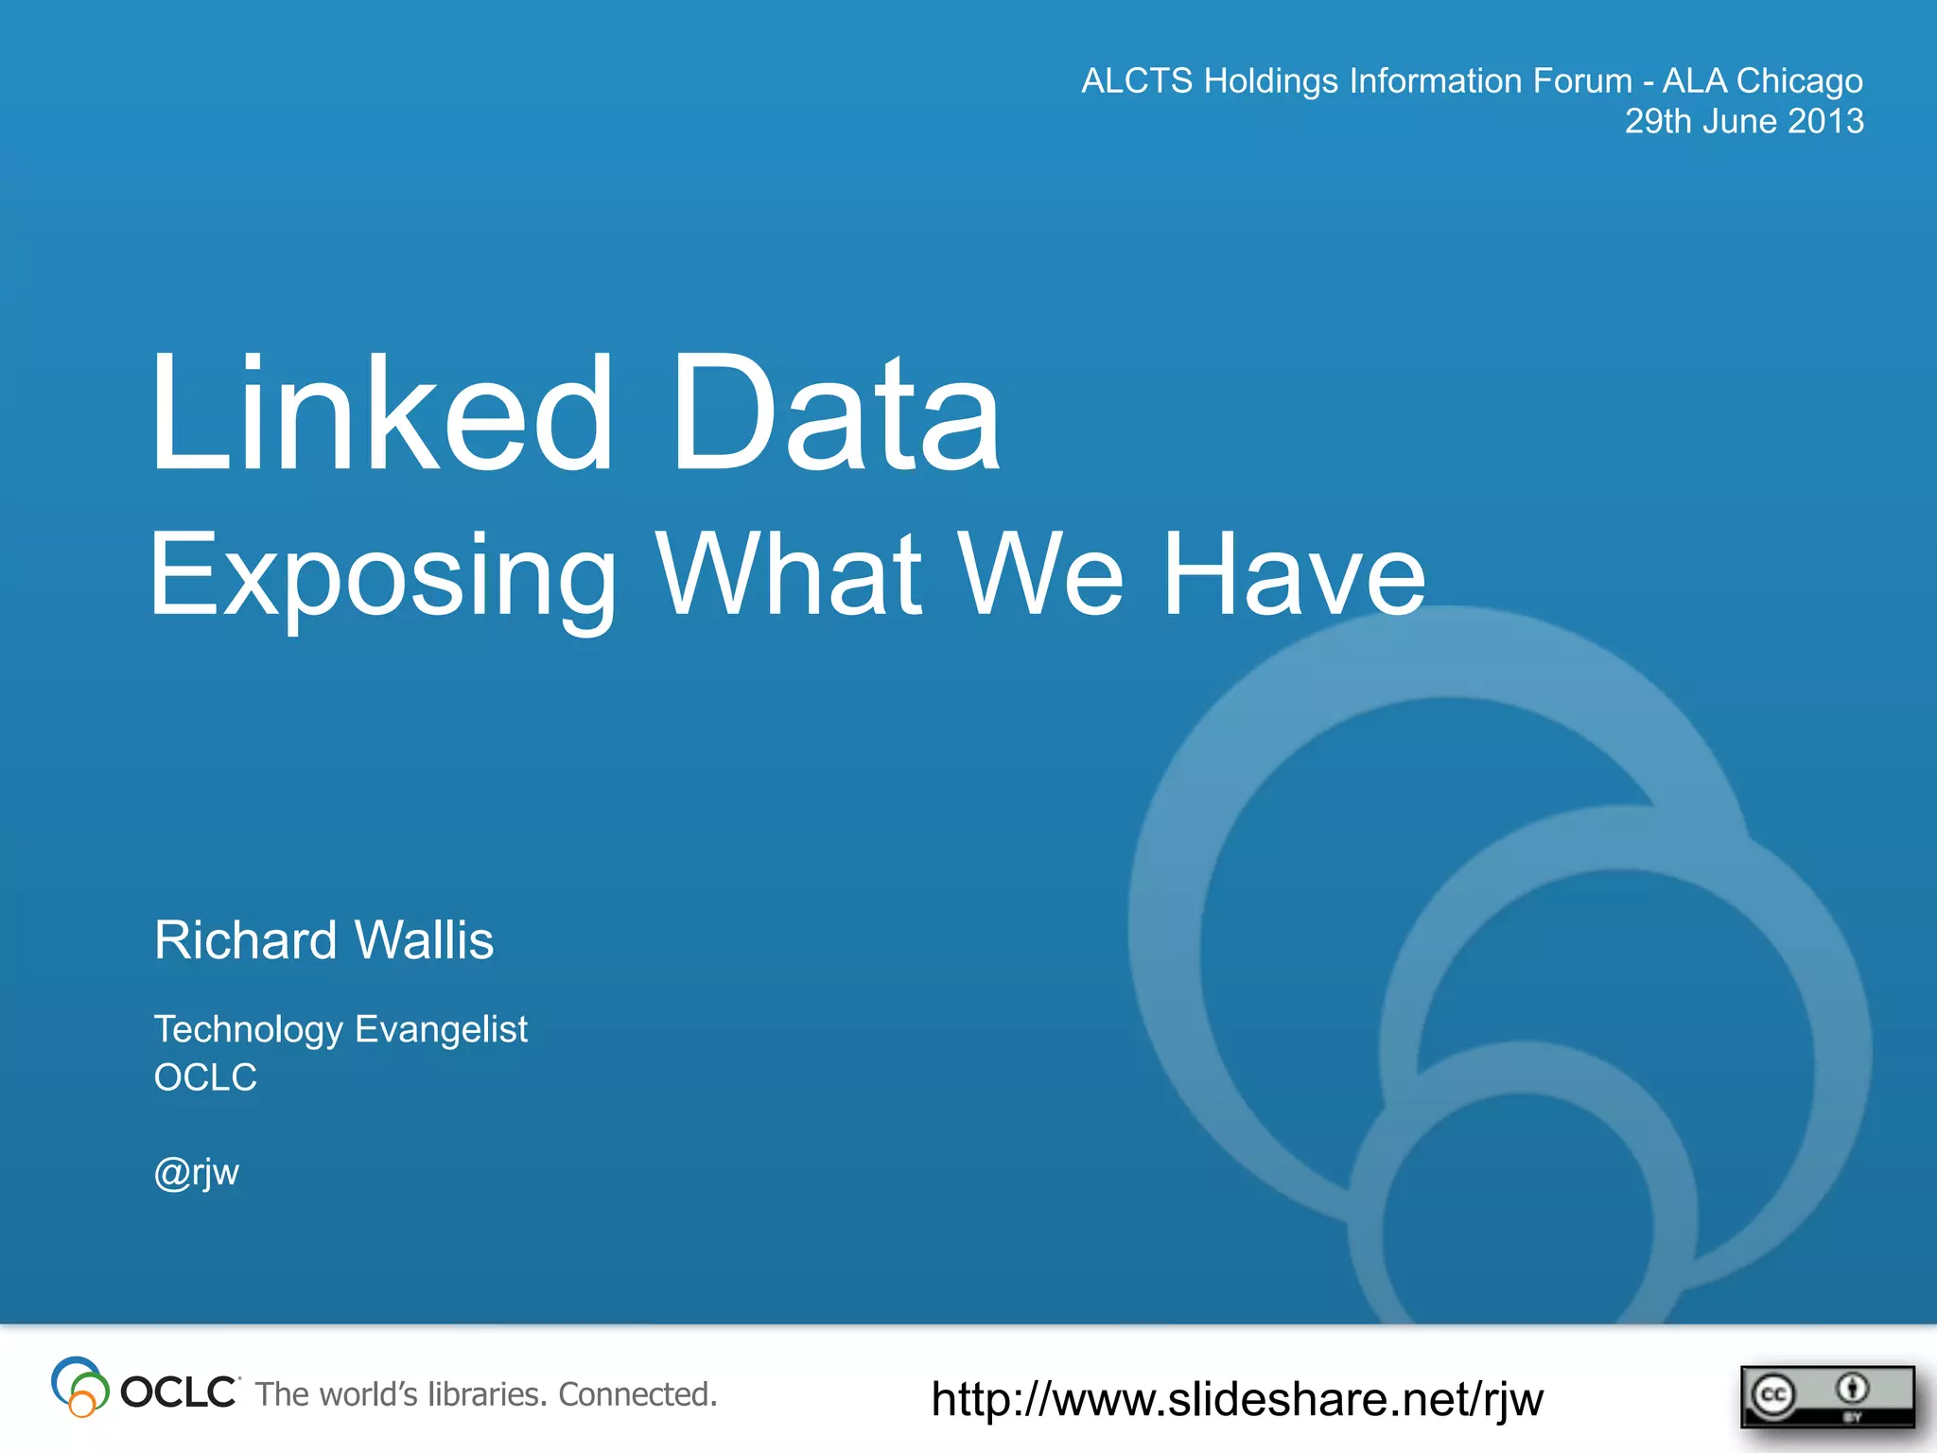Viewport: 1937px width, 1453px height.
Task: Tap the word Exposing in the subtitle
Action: point(382,575)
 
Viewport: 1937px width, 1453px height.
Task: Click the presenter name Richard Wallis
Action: point(323,940)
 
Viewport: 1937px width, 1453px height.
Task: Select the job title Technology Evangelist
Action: point(340,1029)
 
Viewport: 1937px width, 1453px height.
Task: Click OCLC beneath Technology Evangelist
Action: point(205,1077)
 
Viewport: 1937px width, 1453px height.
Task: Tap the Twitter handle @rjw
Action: point(197,1173)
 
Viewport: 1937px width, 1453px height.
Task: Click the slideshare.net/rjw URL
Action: point(1237,1399)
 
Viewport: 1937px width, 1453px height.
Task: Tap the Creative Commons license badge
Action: point(1826,1395)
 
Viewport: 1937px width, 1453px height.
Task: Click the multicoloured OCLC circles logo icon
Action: point(79,1388)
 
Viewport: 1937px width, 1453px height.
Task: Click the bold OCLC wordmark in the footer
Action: point(179,1392)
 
